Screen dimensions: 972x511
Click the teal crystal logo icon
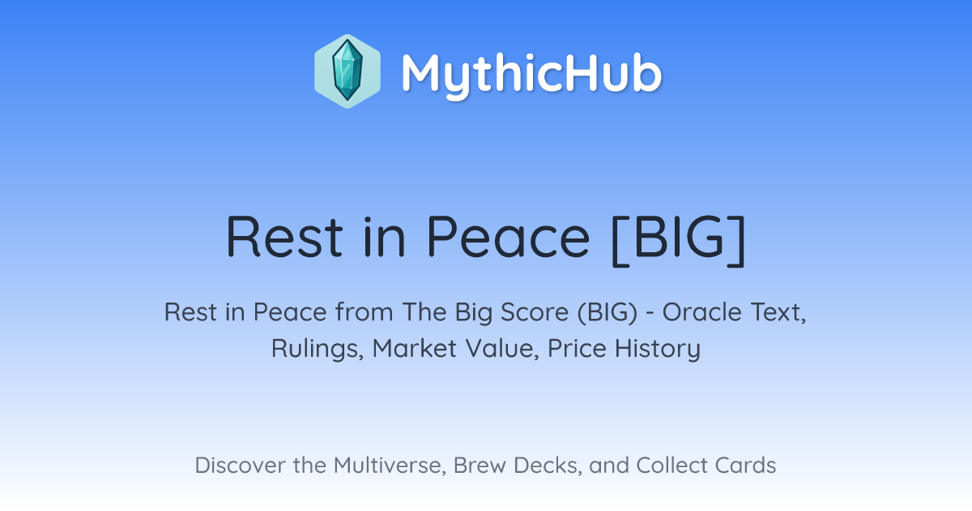[x=347, y=71]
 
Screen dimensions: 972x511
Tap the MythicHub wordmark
[x=531, y=75]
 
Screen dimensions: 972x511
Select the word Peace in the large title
[x=508, y=237]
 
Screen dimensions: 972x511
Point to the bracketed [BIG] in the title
[x=678, y=240]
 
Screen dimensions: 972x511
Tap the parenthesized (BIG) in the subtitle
[x=607, y=313]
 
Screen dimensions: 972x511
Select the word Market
[x=415, y=348]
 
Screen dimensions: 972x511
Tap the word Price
[x=577, y=348]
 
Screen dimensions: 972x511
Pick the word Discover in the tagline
[x=241, y=465]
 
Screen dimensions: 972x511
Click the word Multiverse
[x=390, y=466]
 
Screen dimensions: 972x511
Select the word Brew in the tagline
[x=480, y=465]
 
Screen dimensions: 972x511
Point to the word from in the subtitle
[x=364, y=312]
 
